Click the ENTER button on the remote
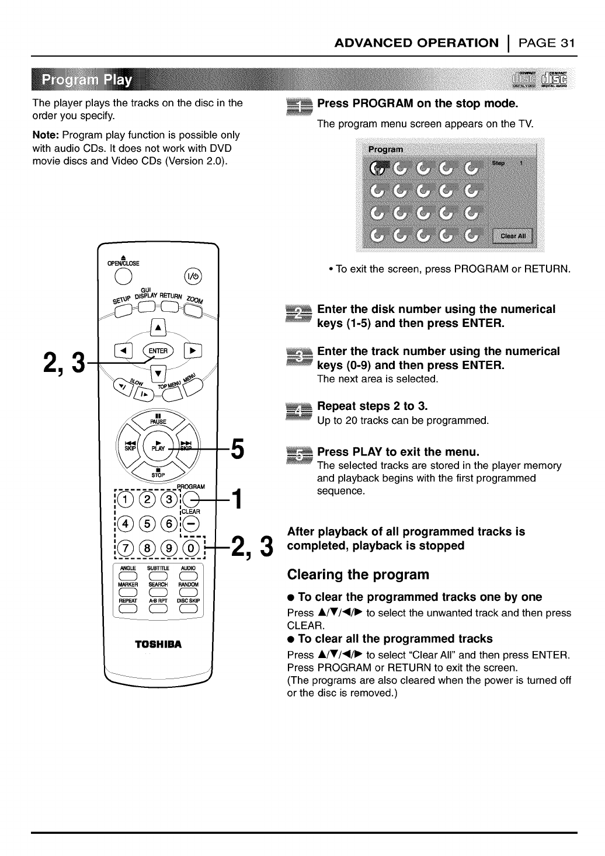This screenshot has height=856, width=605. pyautogui.click(x=158, y=351)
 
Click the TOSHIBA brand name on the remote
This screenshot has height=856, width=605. pyautogui.click(x=159, y=645)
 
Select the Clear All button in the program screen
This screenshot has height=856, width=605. pyautogui.click(x=513, y=236)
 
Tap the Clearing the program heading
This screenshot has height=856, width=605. pyautogui.click(x=358, y=575)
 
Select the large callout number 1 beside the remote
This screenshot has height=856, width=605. pyautogui.click(x=237, y=499)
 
